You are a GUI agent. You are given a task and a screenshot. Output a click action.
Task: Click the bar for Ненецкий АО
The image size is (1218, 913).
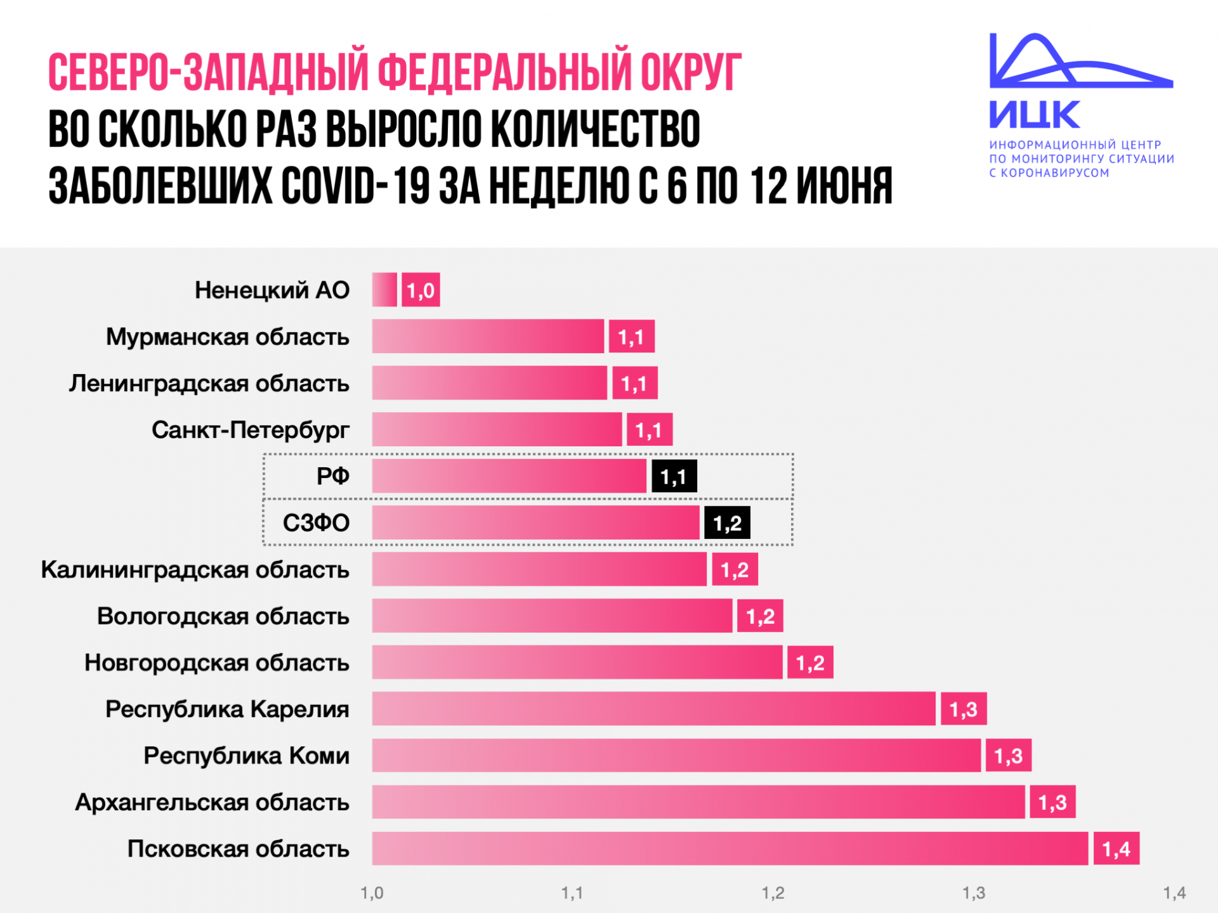(384, 290)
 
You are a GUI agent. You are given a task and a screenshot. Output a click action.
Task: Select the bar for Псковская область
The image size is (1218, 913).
(730, 848)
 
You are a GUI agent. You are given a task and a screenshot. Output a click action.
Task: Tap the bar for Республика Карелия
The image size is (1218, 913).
(653, 709)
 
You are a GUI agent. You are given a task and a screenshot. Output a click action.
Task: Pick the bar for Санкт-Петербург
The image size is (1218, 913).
(497, 429)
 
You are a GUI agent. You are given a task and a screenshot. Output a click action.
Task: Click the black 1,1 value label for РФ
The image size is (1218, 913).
(674, 476)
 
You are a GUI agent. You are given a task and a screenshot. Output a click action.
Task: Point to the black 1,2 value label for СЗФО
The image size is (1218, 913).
(727, 523)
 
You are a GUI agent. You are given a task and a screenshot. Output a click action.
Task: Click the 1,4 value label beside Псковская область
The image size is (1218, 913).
(1116, 848)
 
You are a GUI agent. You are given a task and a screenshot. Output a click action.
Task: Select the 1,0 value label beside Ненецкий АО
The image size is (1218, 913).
(421, 290)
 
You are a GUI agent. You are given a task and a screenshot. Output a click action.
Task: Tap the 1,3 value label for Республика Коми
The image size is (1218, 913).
(1008, 755)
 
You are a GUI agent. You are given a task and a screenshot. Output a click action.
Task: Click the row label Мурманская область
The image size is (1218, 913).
(227, 337)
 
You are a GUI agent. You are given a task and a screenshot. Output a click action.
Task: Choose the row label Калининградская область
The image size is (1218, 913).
(195, 569)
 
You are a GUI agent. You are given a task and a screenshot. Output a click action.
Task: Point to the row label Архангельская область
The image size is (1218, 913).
(212, 802)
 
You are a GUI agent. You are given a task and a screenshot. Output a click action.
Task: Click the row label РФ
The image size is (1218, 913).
(332, 476)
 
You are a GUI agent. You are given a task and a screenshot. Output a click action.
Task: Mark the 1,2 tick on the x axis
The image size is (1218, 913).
(773, 893)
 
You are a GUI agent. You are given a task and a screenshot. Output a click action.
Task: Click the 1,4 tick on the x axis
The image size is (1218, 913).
(1174, 893)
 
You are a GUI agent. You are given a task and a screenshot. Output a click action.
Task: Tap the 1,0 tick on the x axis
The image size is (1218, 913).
(372, 893)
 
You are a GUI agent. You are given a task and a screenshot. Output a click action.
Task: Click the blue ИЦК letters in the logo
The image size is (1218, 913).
(1034, 115)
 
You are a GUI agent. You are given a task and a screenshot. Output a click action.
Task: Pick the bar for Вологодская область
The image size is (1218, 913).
(552, 616)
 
